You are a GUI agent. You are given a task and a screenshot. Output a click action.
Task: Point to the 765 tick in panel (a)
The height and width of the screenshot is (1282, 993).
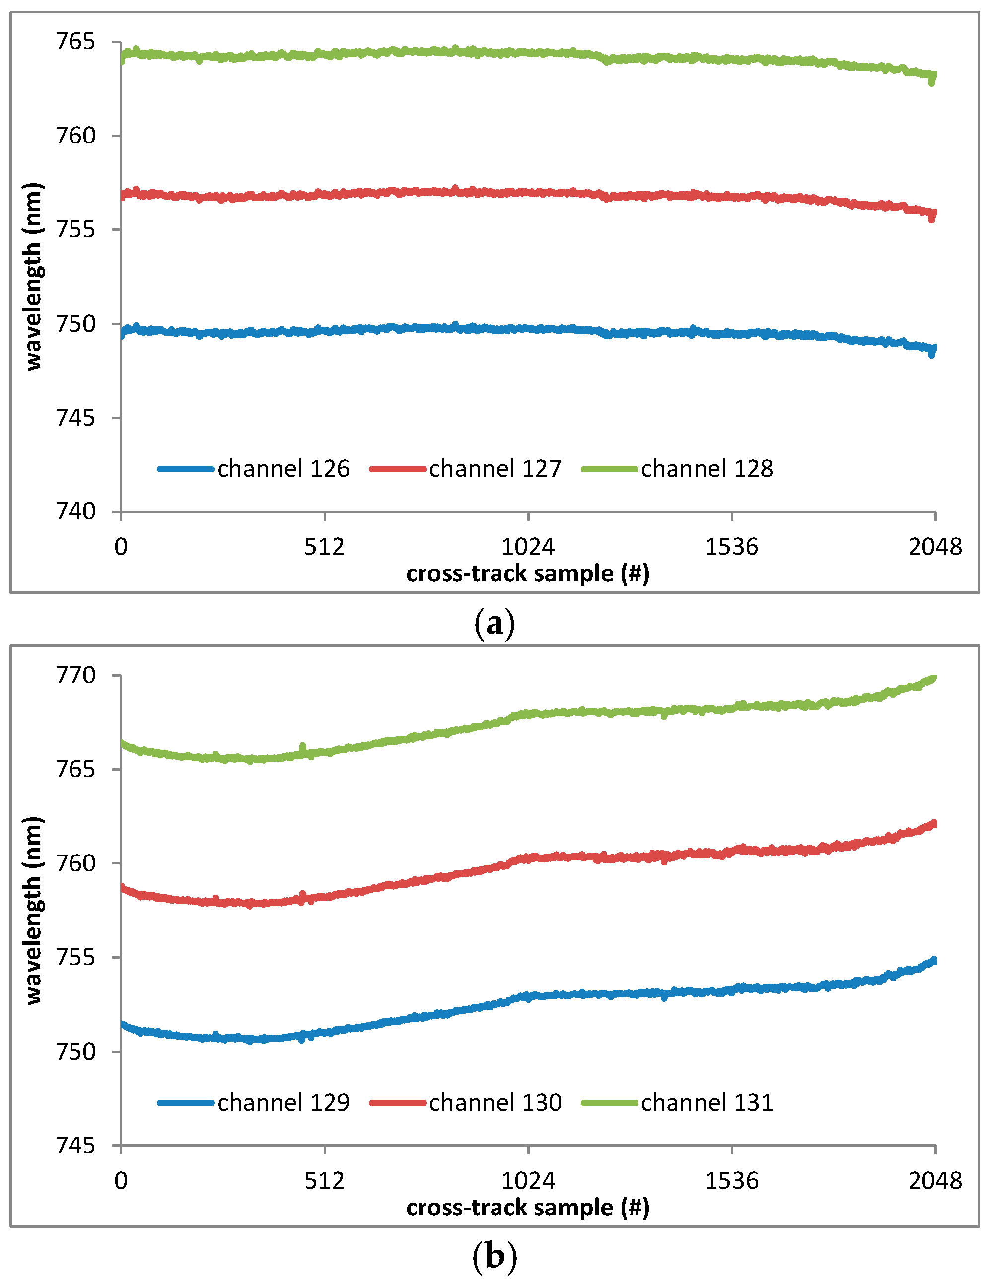tap(75, 42)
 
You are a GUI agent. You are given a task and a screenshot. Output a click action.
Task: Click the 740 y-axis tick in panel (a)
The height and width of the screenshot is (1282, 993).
tap(75, 512)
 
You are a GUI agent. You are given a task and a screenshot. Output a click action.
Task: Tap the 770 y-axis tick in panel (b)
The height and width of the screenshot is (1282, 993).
tap(75, 676)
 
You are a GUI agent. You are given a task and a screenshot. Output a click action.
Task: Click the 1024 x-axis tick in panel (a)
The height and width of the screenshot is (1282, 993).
tap(528, 547)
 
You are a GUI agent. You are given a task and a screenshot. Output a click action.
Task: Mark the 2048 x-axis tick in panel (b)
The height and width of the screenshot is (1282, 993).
tap(935, 1180)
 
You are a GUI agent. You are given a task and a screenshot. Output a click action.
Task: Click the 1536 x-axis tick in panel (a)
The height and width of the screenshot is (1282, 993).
tap(731, 547)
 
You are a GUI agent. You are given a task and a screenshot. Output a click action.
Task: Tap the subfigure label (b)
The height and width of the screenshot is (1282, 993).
tap(494, 1256)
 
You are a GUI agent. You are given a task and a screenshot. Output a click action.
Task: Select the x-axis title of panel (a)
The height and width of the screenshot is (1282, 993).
tap(528, 573)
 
